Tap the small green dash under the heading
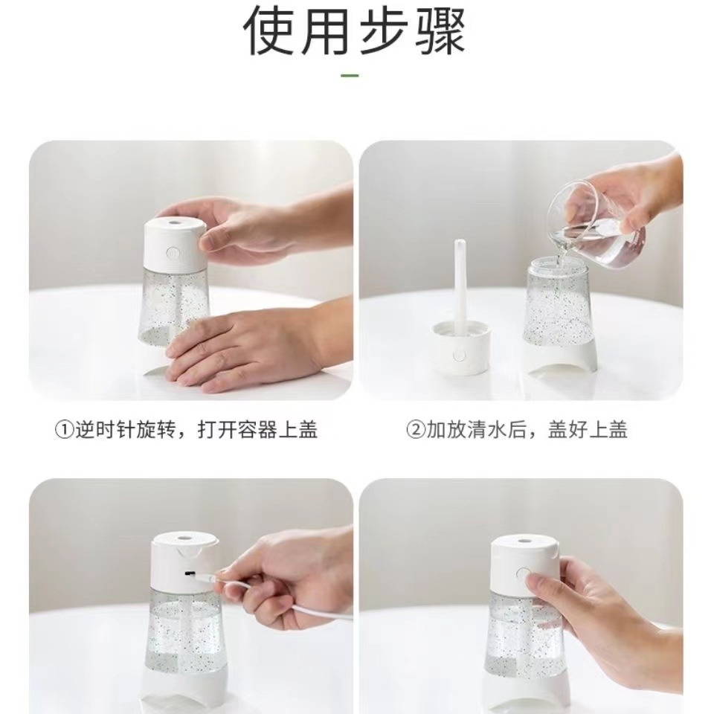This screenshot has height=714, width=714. pyautogui.click(x=350, y=75)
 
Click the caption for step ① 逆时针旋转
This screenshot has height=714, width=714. pyautogui.click(x=187, y=430)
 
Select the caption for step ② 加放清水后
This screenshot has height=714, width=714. pyautogui.click(x=517, y=430)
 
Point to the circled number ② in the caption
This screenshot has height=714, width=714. pyautogui.click(x=414, y=430)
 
